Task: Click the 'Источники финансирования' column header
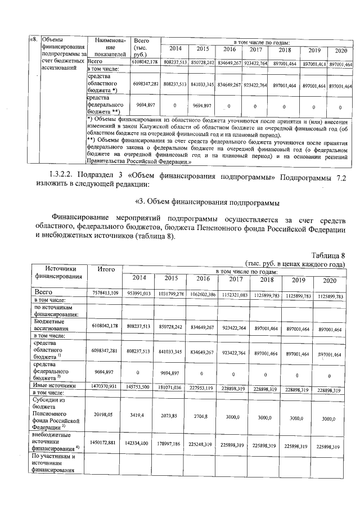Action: (57, 273)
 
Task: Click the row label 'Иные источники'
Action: (55, 386)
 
